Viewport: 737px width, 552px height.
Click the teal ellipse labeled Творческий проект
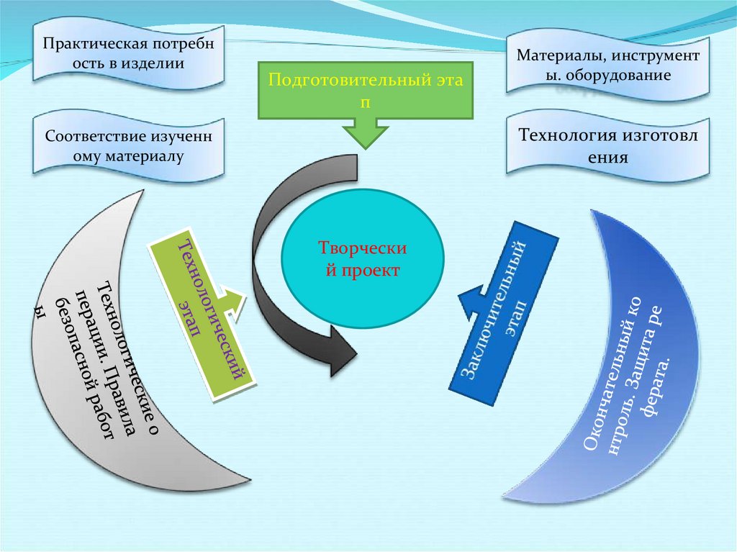click(x=363, y=258)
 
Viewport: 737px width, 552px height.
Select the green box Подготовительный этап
click(x=365, y=90)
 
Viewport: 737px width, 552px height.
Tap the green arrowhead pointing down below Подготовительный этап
click(x=366, y=133)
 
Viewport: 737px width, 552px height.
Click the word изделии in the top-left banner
click(x=153, y=63)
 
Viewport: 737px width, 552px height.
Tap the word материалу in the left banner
click(x=145, y=156)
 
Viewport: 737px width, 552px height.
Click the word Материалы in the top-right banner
click(x=557, y=55)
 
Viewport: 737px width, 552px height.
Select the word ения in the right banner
click(x=607, y=157)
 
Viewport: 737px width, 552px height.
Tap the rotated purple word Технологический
click(x=214, y=309)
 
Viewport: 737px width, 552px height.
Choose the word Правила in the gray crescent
click(x=121, y=404)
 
